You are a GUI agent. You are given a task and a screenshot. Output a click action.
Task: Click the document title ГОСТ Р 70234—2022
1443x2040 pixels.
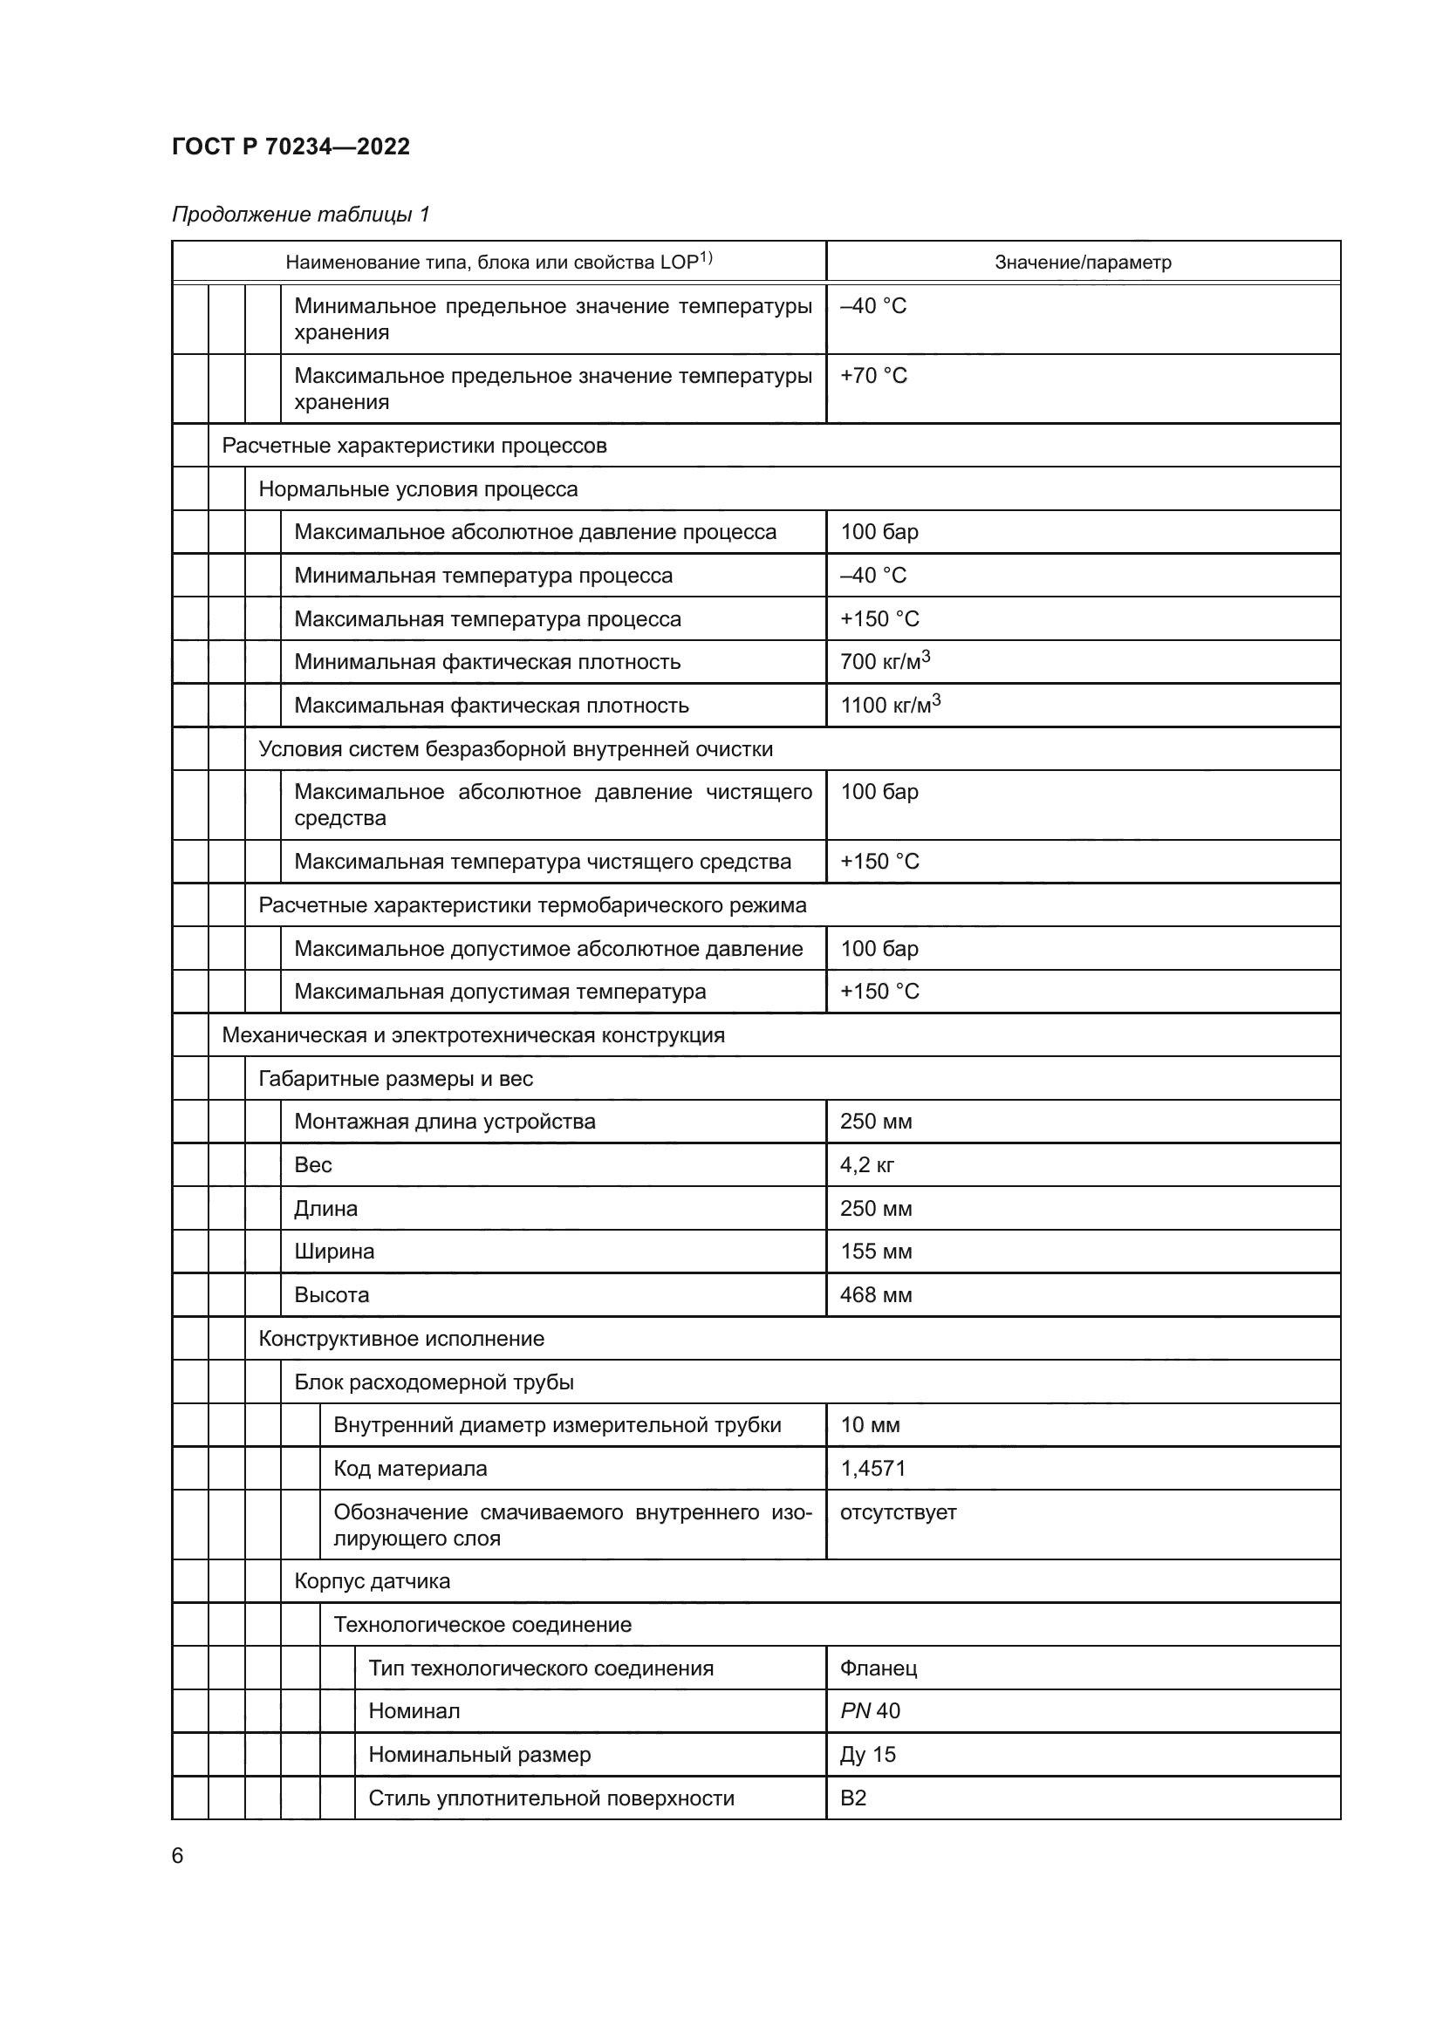[291, 147]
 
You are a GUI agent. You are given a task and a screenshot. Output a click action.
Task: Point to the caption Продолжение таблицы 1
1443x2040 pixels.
[300, 215]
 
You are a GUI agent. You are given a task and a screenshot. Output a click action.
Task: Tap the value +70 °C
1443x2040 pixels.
[873, 376]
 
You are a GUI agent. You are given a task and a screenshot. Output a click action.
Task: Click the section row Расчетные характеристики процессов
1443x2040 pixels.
[414, 446]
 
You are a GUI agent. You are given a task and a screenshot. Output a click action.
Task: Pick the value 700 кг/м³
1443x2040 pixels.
[884, 662]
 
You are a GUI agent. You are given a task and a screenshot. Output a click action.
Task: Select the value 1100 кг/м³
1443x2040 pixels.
[889, 706]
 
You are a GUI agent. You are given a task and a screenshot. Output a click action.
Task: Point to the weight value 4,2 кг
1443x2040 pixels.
[867, 1166]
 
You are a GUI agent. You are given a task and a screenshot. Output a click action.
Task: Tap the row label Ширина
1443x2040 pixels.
[334, 1252]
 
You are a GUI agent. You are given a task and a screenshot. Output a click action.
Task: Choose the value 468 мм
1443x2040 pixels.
[876, 1295]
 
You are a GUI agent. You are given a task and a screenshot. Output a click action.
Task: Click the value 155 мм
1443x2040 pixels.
[876, 1252]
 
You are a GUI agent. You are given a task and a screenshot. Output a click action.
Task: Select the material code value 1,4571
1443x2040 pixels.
[872, 1469]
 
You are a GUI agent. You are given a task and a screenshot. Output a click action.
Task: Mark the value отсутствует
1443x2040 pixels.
[898, 1512]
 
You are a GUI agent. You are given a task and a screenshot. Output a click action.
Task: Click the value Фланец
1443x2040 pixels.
[878, 1668]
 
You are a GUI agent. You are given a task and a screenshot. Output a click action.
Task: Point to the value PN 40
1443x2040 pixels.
[870, 1711]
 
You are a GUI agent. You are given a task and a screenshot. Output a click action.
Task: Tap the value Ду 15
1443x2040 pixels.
[867, 1755]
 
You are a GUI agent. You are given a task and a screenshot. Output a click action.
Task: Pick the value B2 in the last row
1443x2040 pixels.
[853, 1798]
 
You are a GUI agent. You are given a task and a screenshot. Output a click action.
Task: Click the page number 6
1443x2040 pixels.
[178, 1856]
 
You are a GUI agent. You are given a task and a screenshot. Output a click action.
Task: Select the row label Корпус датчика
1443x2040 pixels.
[373, 1581]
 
